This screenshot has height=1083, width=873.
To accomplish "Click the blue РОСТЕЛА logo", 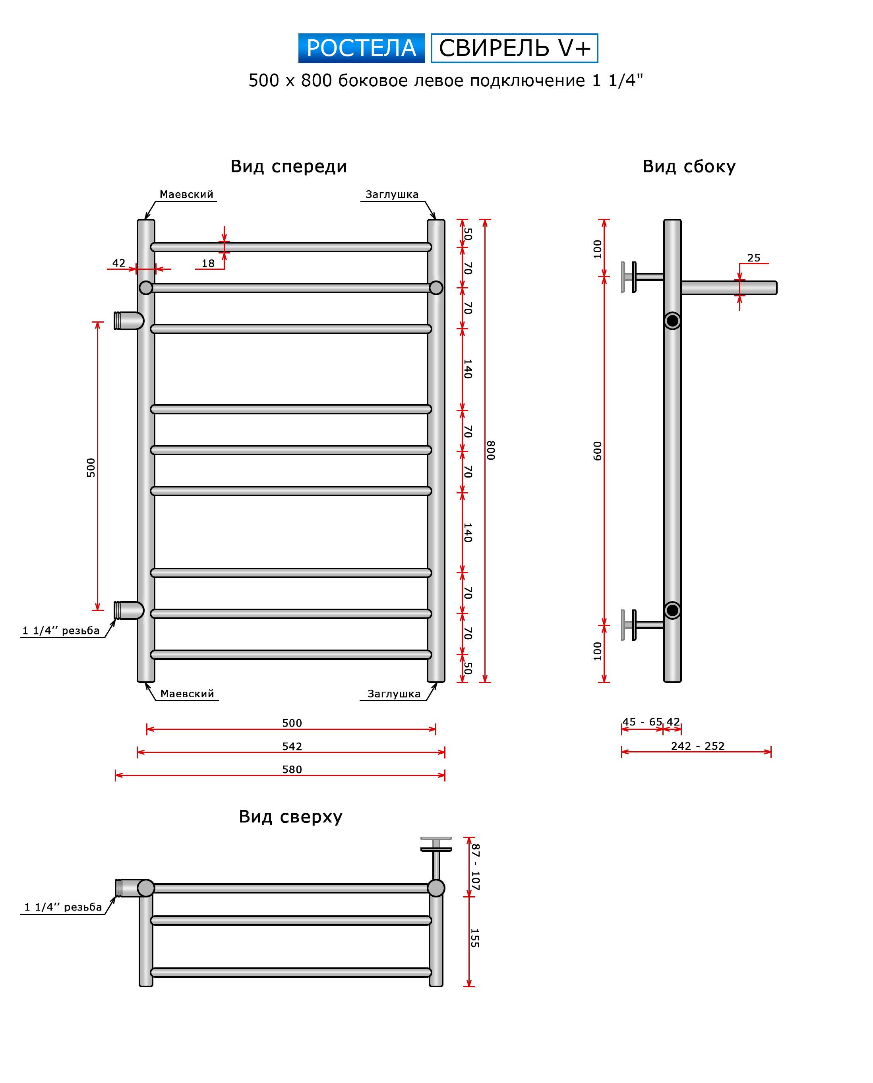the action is pos(361,48).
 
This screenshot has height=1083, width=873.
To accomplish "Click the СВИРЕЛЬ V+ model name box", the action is pos(515,48).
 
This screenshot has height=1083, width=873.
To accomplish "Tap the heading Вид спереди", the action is pos(288,166).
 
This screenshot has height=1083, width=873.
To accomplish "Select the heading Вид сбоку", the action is pos(689,166).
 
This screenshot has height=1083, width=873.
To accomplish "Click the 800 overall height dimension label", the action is pos(491,450).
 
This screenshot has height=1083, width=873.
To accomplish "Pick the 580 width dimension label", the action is pos(292,769).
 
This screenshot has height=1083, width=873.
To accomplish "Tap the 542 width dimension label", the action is pos(292,746).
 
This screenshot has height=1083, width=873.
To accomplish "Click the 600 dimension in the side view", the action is pos(597,451).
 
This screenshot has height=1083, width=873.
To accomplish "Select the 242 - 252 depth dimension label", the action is pos(697,746).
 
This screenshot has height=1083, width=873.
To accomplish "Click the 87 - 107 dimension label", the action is pos(475,867).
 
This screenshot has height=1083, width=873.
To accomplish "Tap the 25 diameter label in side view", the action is pos(754,258).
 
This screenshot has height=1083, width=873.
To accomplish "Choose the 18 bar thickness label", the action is pos(208,263).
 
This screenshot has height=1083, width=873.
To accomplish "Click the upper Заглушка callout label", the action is pos(392,195).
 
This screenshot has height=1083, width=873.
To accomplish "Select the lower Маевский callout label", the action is pos(187,694).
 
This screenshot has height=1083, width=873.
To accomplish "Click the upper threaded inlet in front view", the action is pos(129,321).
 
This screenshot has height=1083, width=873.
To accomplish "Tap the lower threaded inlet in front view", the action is pos(129,610).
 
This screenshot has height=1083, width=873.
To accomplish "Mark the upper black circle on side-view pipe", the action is pos(672,321).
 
